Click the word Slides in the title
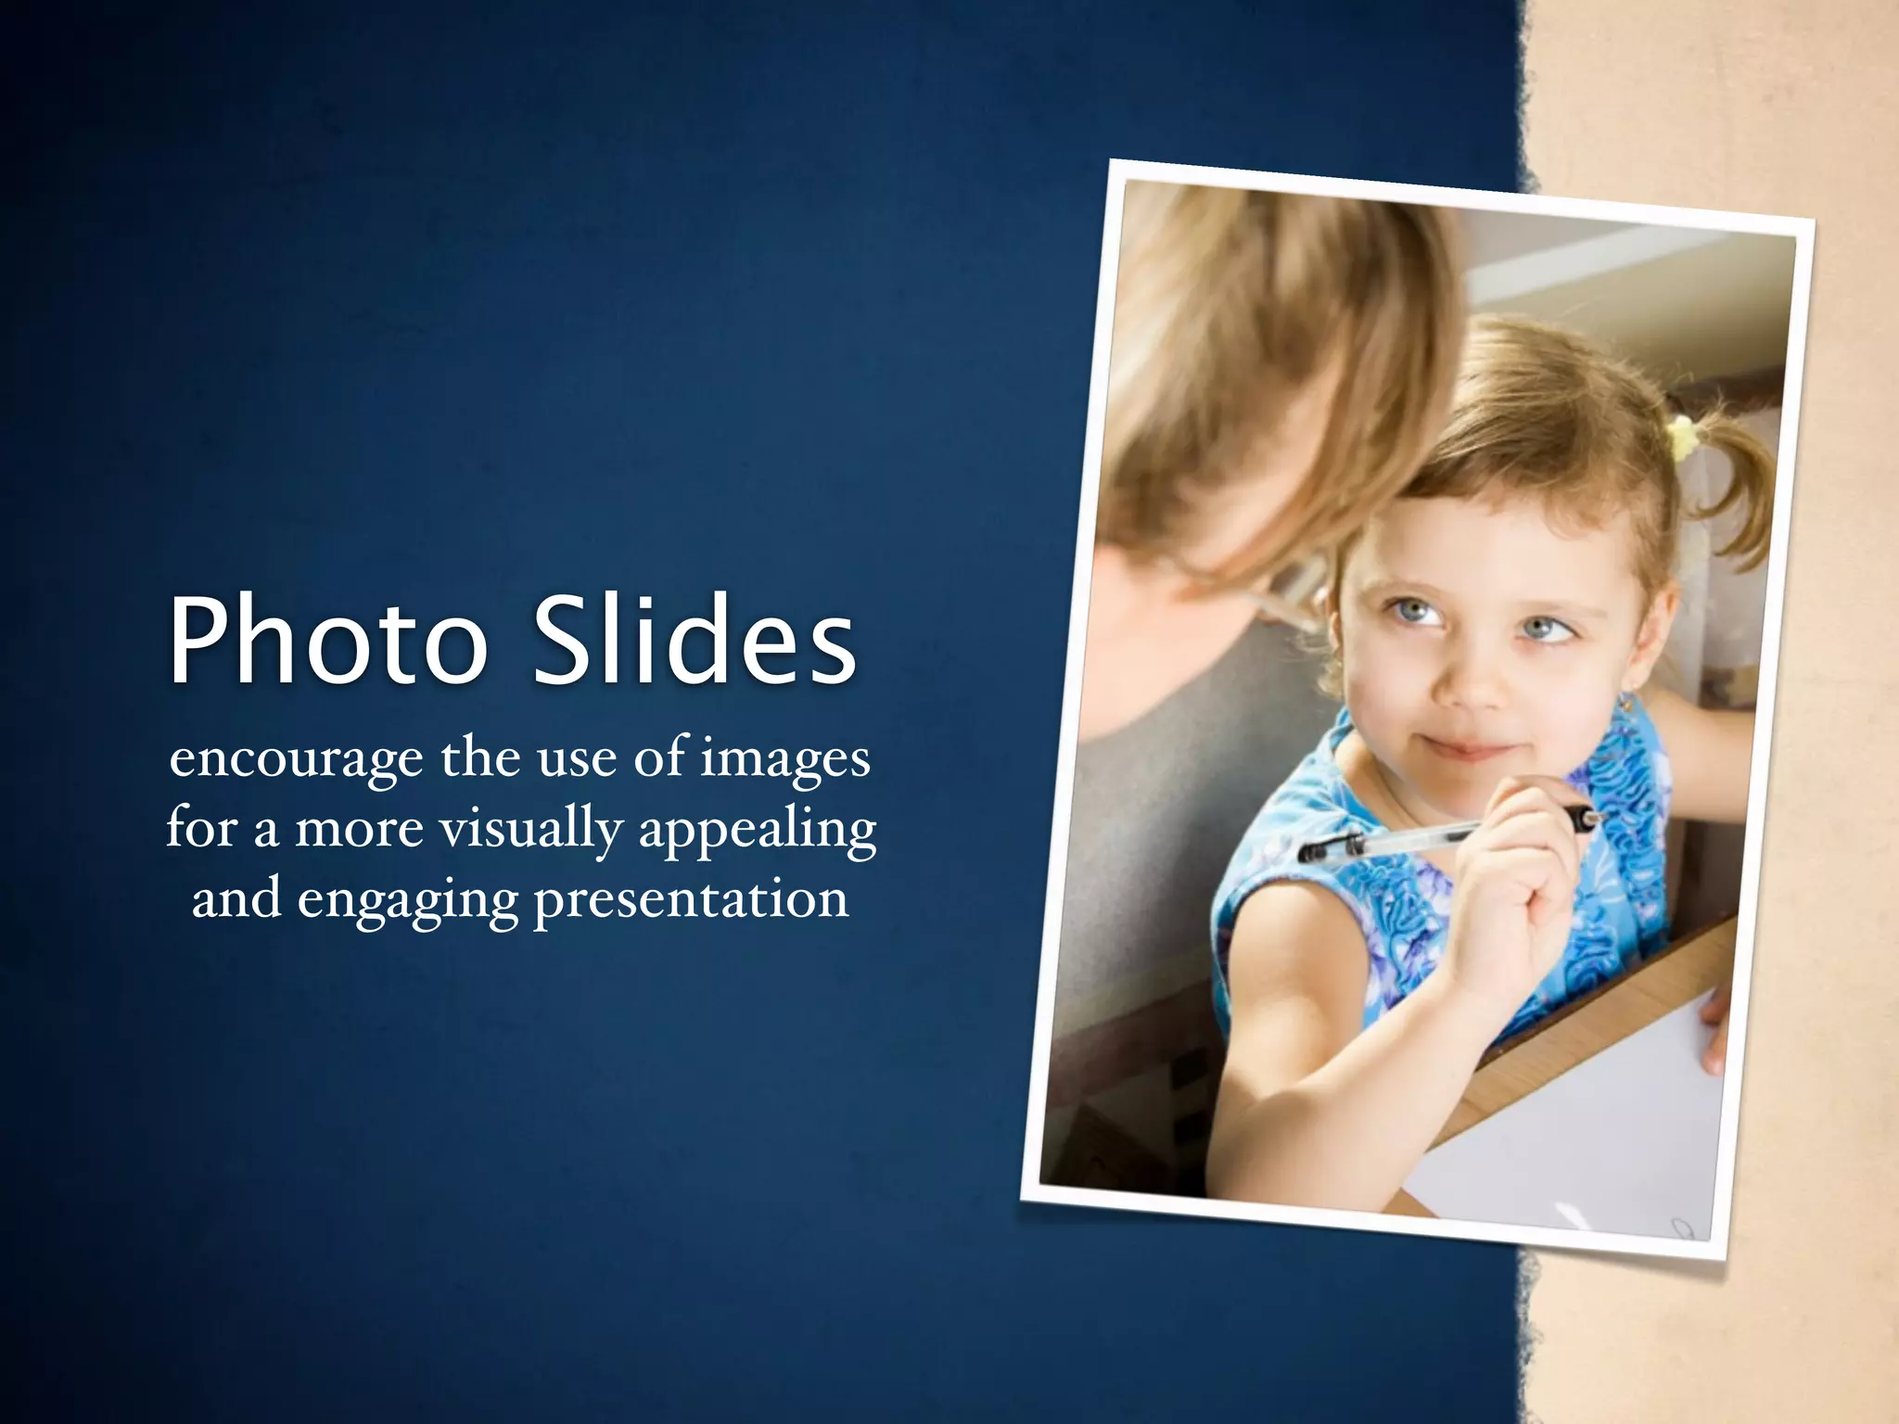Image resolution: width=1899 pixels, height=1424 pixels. click(x=693, y=640)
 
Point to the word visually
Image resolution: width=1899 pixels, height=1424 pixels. click(x=531, y=829)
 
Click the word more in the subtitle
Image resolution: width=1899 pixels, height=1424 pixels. click(x=359, y=829)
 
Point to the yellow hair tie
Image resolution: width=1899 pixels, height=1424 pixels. click(x=1680, y=436)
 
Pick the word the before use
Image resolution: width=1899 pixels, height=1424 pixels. click(x=479, y=758)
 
